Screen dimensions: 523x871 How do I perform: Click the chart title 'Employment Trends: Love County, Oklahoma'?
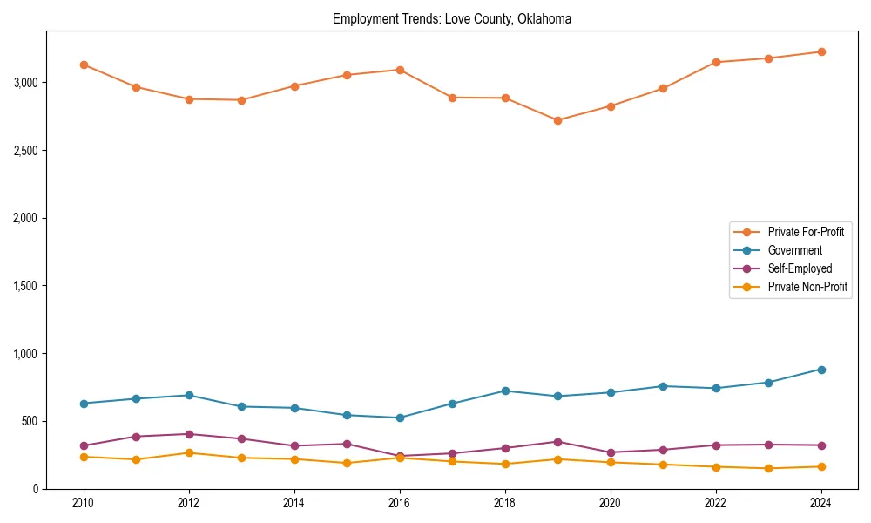coord(452,19)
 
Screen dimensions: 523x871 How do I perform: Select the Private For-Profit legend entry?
coord(806,232)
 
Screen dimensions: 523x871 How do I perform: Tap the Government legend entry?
coord(794,250)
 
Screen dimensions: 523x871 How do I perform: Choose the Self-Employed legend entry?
coord(800,268)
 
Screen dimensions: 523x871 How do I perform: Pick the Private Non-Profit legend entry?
coord(807,287)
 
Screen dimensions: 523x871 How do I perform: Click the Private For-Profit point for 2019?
coord(557,120)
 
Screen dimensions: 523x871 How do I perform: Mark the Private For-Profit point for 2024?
coord(820,51)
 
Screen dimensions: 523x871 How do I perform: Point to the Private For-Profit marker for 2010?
coord(84,65)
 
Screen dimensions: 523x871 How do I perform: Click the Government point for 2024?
coord(820,370)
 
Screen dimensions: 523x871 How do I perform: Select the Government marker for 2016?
coord(400,418)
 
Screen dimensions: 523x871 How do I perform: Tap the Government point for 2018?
coord(505,391)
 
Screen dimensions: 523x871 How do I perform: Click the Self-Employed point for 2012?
coord(189,434)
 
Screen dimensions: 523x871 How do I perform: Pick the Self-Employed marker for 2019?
coord(557,442)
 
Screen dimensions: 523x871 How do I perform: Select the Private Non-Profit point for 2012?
coord(189,452)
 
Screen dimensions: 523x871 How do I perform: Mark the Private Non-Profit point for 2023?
coord(768,468)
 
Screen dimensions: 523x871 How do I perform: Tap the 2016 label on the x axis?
coord(400,503)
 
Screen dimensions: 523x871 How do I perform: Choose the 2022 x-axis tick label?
coord(715,503)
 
